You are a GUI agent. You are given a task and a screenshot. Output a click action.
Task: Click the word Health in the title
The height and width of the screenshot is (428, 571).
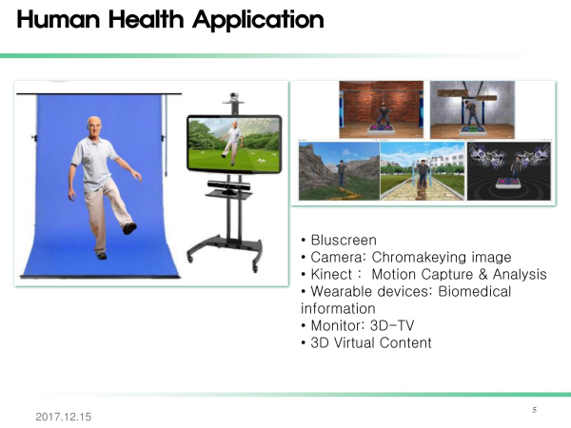click(x=146, y=19)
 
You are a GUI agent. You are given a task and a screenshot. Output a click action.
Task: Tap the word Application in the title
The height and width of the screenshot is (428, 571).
click(x=258, y=20)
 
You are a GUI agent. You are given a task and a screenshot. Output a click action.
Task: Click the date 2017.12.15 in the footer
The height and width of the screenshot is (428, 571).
click(x=64, y=417)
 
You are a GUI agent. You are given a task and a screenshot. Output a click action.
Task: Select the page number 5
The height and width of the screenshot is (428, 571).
click(x=534, y=410)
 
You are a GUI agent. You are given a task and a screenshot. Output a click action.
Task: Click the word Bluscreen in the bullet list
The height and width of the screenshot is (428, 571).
click(x=344, y=241)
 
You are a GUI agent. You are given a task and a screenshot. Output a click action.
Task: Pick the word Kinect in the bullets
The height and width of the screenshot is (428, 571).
click(x=331, y=274)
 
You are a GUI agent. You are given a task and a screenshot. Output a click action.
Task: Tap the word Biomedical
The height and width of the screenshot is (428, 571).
click(x=475, y=291)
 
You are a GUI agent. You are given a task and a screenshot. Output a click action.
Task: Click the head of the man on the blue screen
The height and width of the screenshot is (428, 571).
click(x=94, y=126)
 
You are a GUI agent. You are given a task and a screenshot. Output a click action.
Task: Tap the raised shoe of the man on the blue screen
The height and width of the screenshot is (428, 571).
click(x=129, y=228)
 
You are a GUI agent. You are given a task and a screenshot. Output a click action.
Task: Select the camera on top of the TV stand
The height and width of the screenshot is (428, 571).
click(x=234, y=97)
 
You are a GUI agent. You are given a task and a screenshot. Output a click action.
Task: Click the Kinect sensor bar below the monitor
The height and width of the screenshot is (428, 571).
click(x=229, y=185)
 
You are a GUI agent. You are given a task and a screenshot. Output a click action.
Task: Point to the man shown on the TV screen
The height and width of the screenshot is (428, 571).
click(x=233, y=143)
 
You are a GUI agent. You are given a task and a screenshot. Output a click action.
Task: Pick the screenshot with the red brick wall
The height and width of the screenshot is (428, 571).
click(x=382, y=109)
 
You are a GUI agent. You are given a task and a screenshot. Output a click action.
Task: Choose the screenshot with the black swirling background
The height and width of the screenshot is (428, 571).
click(x=509, y=171)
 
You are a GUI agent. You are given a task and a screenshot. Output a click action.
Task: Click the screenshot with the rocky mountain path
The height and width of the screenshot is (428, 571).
click(x=339, y=171)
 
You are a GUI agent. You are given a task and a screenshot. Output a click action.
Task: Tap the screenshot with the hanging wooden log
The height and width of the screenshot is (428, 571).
click(x=472, y=109)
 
